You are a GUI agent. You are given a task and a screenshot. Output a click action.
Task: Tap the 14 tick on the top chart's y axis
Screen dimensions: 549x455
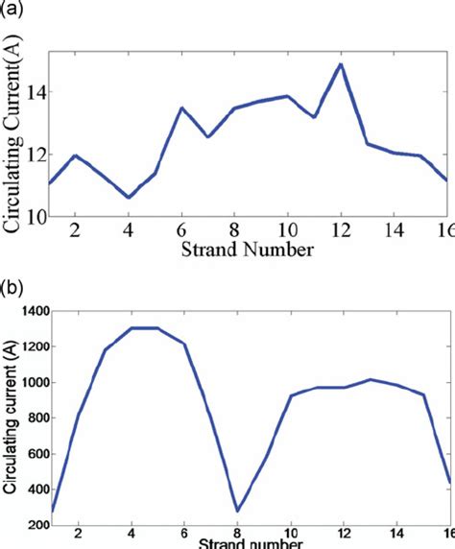point(32,93)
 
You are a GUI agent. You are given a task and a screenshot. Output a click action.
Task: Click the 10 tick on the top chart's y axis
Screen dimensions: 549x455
point(32,217)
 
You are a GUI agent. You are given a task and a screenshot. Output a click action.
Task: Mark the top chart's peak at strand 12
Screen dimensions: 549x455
point(340,64)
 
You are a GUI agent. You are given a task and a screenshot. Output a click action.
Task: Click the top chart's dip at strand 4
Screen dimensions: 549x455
point(129,198)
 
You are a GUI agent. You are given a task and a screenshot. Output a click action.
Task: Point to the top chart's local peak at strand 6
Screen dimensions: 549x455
point(182,107)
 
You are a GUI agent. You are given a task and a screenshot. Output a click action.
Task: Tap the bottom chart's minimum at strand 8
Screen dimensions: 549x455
point(236,512)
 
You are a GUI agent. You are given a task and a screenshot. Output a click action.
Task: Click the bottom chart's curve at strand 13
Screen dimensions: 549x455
point(371,380)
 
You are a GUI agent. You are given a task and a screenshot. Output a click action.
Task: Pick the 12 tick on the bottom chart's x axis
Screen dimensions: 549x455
point(343,536)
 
